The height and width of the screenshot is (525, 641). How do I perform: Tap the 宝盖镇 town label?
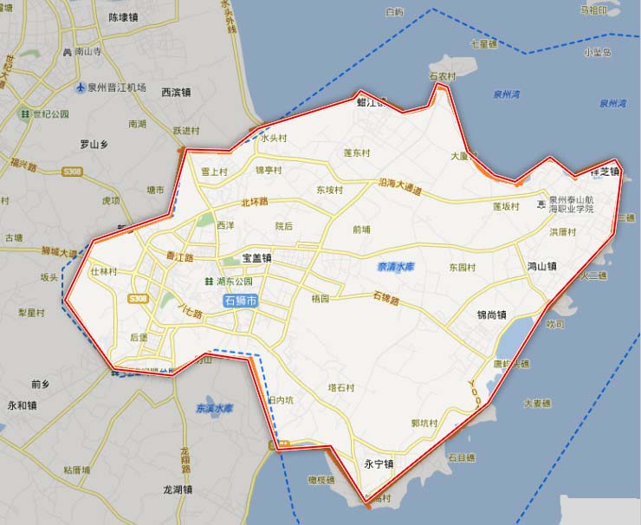coord(257,257)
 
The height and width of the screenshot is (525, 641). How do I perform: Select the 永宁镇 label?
coord(378,464)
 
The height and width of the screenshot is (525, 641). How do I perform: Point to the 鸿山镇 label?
coord(541,266)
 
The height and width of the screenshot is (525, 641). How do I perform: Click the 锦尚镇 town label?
coord(493,314)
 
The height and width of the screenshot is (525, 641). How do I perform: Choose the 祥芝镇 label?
coord(605,172)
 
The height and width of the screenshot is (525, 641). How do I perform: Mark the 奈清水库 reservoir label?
coord(396,267)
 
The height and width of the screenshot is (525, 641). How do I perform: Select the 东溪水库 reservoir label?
coord(215,407)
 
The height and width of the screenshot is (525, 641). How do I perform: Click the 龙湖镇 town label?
coord(178,489)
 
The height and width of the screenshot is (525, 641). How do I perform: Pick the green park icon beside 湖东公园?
coord(208,282)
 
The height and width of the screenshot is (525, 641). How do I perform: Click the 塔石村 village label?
coord(340,387)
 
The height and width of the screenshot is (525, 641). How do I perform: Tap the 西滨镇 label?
coord(176,92)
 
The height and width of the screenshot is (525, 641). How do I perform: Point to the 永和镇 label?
coord(22,405)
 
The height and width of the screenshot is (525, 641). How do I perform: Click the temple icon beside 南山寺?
coord(67,52)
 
